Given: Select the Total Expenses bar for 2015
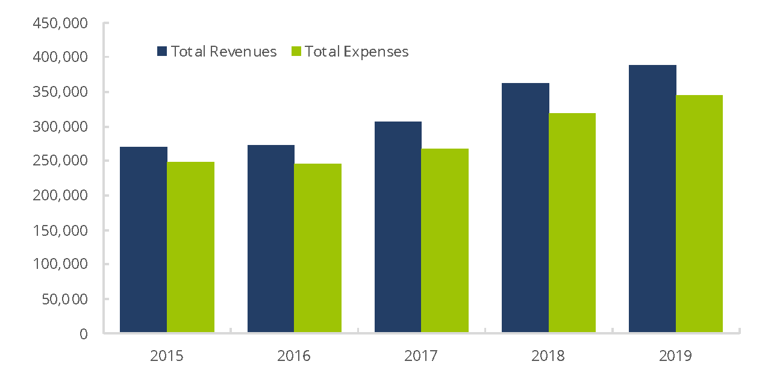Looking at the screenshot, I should coord(190,247).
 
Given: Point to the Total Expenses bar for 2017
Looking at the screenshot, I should coord(445,241).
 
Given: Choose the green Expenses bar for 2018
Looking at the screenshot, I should coord(572,223).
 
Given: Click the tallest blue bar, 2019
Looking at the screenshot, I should coord(652,199).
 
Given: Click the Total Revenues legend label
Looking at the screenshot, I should coord(223,52).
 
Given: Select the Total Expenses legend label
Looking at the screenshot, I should coord(357,52).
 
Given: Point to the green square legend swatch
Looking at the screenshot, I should coord(296,52).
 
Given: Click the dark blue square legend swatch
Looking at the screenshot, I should coord(162,52).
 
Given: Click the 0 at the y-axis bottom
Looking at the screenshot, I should coord(83,334).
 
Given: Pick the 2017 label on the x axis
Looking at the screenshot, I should coord(421,356).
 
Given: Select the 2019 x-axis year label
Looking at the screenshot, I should coord(675,356).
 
